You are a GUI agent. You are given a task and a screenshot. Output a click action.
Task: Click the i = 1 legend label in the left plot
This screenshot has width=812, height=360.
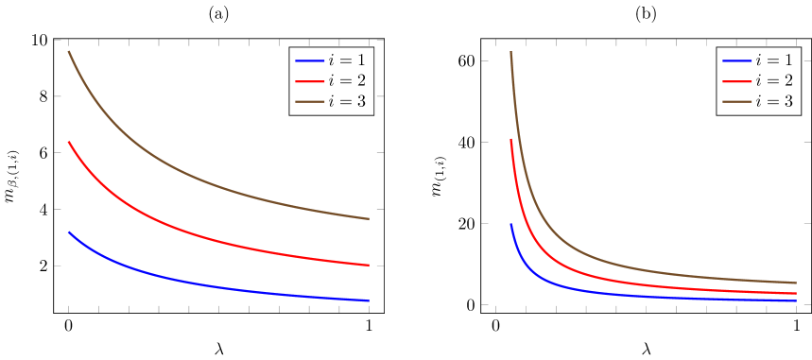pos(347,60)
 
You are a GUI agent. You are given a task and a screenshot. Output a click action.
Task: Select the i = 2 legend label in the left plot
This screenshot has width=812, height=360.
pos(347,80)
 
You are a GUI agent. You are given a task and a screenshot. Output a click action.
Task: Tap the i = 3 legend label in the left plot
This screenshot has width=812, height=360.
pos(347,101)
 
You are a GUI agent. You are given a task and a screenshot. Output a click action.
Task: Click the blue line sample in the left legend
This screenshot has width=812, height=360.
pos(309,60)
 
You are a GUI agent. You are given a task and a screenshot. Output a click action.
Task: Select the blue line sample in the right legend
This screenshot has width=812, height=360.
pos(736,60)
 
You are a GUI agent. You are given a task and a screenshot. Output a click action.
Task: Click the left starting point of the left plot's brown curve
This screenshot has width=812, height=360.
pos(68,52)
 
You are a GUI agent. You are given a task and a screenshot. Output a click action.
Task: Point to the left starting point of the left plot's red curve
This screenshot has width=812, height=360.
pos(68,142)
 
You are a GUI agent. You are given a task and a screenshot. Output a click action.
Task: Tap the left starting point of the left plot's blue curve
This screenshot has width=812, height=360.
pos(68,231)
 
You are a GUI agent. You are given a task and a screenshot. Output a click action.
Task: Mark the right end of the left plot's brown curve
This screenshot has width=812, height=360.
pos(369,219)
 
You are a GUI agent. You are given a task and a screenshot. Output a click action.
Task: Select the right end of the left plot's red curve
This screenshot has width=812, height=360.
pos(369,266)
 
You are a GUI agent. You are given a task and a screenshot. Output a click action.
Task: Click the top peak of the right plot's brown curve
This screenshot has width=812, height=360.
pos(510,52)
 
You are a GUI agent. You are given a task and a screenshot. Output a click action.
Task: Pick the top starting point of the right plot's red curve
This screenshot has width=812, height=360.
pos(510,139)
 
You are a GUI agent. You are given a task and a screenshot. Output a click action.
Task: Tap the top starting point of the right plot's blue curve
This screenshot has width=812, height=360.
pos(510,224)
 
